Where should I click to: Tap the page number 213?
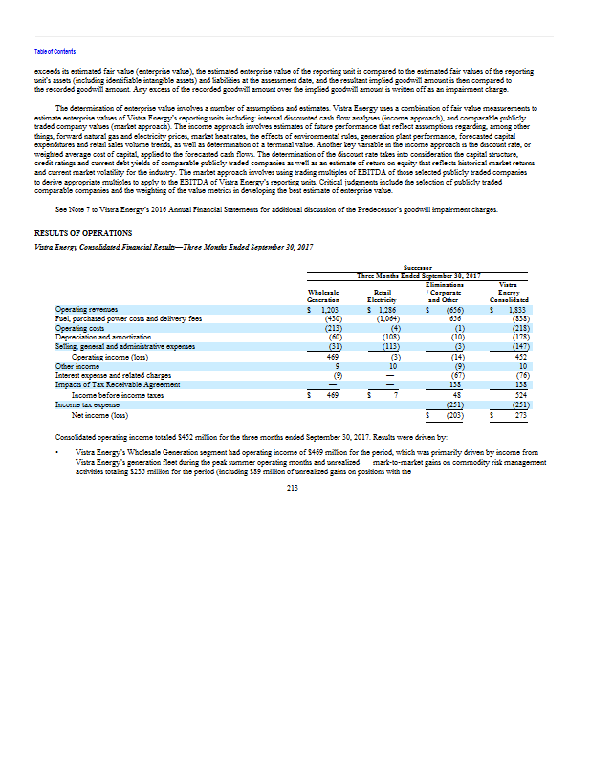click(294, 487)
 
